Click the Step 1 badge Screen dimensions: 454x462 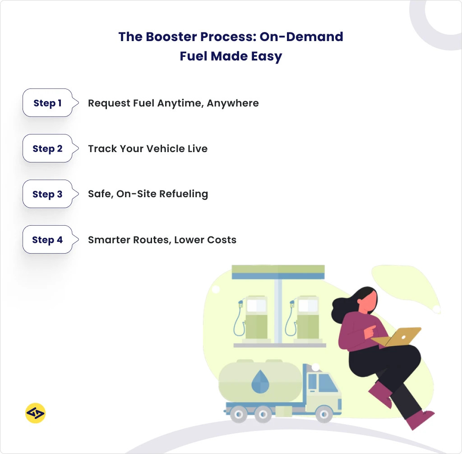48,103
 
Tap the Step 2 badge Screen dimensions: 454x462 48,148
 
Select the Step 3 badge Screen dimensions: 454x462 48,194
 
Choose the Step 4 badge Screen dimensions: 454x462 48,240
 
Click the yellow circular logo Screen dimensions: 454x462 35,413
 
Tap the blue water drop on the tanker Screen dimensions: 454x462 259,382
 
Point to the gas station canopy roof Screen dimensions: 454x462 278,272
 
